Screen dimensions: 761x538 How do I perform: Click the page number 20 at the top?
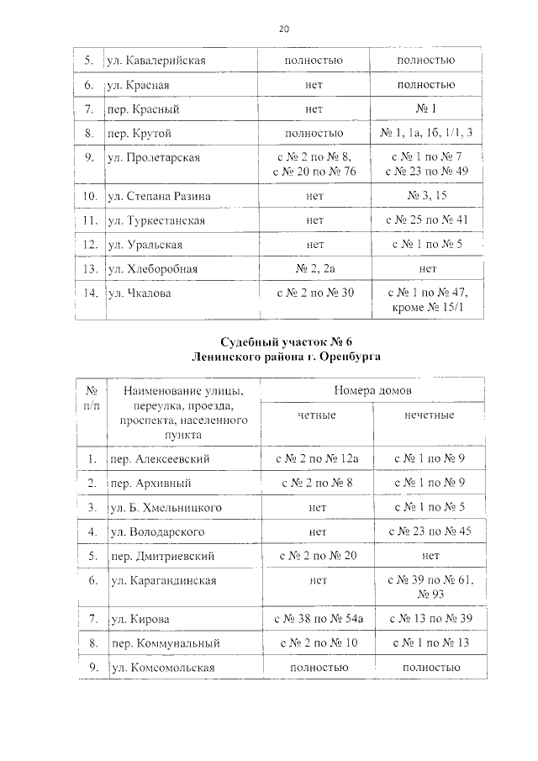coord(284,29)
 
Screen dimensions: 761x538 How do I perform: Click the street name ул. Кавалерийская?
coord(156,61)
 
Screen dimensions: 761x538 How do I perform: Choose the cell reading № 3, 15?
coord(426,196)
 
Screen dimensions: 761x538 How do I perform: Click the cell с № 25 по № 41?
coord(426,220)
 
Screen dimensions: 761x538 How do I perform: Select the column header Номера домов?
coord(371,390)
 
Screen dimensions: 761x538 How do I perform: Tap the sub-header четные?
coord(316,415)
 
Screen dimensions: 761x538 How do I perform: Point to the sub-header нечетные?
coord(427,415)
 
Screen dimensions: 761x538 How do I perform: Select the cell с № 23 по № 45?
coord(426,531)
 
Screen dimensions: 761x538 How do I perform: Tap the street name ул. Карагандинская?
coord(163,580)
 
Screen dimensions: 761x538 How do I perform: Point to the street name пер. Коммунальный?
coord(166,643)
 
